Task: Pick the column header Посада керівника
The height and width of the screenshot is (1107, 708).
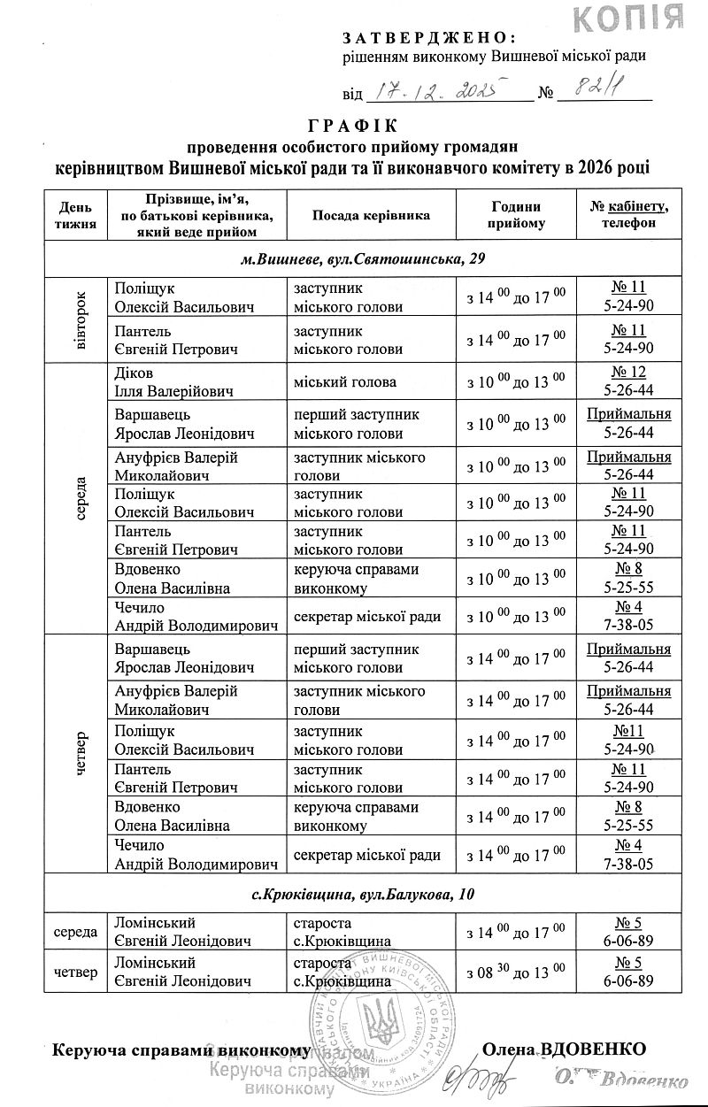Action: point(371,215)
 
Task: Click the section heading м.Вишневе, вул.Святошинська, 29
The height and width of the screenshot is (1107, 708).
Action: point(363,259)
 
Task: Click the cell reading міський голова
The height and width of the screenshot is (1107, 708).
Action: point(345,382)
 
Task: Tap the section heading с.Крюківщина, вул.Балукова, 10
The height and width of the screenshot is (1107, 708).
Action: point(363,895)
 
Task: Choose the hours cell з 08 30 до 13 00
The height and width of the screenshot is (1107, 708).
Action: point(516,972)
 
